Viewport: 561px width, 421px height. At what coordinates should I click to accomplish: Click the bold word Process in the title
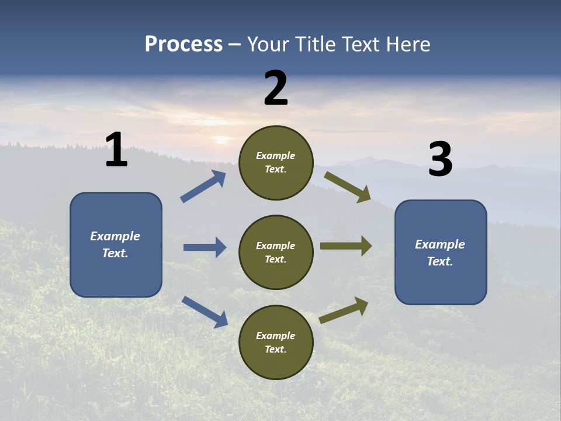click(183, 44)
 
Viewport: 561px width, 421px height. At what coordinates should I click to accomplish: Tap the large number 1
click(116, 150)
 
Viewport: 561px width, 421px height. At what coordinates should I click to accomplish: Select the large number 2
click(276, 88)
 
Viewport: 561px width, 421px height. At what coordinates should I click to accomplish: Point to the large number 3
click(440, 160)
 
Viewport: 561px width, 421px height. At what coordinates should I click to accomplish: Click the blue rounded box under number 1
click(116, 244)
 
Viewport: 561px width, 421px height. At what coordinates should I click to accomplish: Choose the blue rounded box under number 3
click(441, 252)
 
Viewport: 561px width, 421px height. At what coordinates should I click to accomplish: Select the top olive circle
click(276, 163)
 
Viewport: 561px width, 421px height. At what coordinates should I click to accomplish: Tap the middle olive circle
click(276, 252)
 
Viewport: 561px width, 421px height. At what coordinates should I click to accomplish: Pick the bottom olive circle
click(276, 342)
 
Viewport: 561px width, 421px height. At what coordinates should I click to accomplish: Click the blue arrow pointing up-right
click(203, 187)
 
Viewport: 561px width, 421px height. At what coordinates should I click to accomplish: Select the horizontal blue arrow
click(205, 247)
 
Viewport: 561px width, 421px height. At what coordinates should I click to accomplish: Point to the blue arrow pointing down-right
click(205, 311)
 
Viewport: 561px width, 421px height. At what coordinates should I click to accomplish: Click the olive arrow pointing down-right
click(348, 187)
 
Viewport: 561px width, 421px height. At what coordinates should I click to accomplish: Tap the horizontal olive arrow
click(346, 246)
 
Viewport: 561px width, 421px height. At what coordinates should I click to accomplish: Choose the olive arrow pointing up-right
click(344, 310)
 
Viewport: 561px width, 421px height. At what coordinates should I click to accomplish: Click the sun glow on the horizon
click(221, 140)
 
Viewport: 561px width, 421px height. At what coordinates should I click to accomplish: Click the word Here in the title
click(407, 44)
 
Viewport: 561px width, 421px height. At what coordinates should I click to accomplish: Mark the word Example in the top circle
click(276, 156)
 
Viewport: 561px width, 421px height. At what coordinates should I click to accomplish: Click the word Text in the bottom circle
click(274, 349)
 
